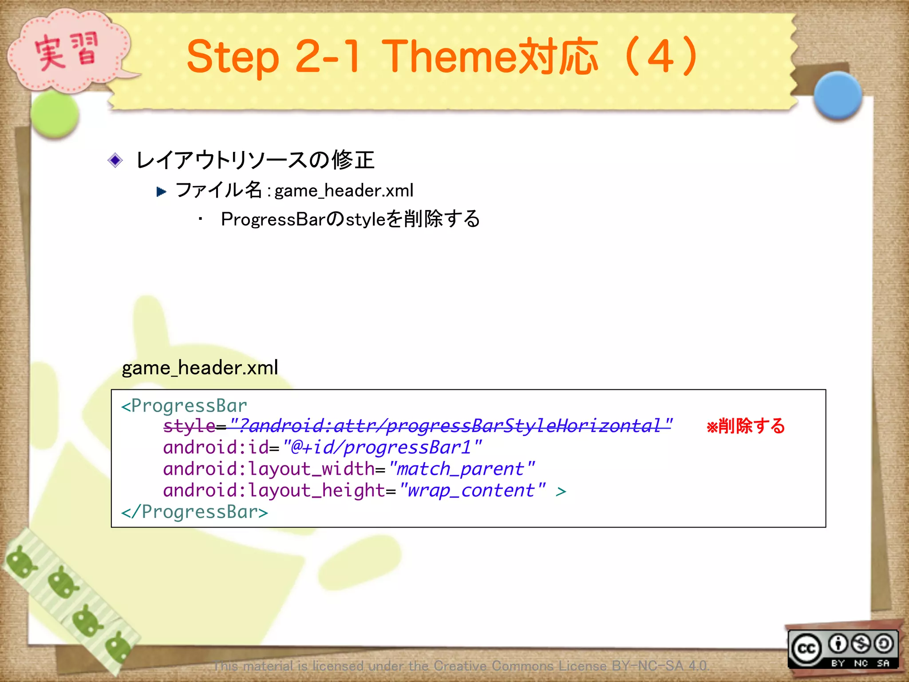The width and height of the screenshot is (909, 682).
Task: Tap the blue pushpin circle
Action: click(x=838, y=95)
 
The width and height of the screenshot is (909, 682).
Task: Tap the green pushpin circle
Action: click(x=55, y=115)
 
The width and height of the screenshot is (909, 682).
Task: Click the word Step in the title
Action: click(x=233, y=57)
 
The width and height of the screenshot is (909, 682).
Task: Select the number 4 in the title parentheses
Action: click(x=660, y=57)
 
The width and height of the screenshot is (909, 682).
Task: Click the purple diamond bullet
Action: click(x=115, y=160)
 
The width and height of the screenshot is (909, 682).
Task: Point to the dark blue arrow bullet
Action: click(x=162, y=192)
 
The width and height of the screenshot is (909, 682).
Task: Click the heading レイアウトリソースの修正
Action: click(x=255, y=160)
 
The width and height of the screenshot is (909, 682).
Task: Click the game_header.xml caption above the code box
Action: click(x=200, y=368)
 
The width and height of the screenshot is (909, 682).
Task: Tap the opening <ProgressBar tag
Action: click(x=184, y=406)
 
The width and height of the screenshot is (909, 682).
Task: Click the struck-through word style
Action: click(x=190, y=426)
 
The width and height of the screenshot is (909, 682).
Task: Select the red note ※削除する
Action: click(x=746, y=426)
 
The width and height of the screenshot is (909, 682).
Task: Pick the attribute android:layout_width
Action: click(x=269, y=469)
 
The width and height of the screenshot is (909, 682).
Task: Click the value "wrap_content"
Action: click(x=472, y=491)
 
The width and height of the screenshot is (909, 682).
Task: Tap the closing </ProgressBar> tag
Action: click(x=195, y=512)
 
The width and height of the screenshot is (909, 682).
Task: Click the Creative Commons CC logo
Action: click(x=806, y=649)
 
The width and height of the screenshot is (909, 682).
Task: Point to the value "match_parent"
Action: click(x=462, y=469)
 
